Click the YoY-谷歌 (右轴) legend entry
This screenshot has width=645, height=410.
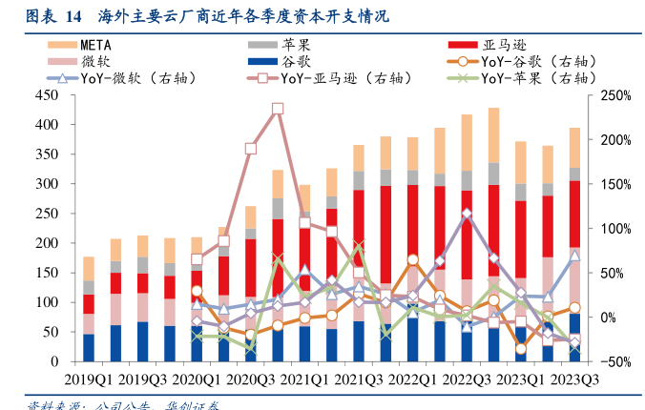tap(533, 61)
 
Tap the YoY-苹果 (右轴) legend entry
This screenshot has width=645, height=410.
tap(533, 78)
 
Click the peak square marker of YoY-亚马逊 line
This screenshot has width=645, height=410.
tap(278, 109)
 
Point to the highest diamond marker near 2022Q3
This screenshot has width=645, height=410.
tap(467, 215)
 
